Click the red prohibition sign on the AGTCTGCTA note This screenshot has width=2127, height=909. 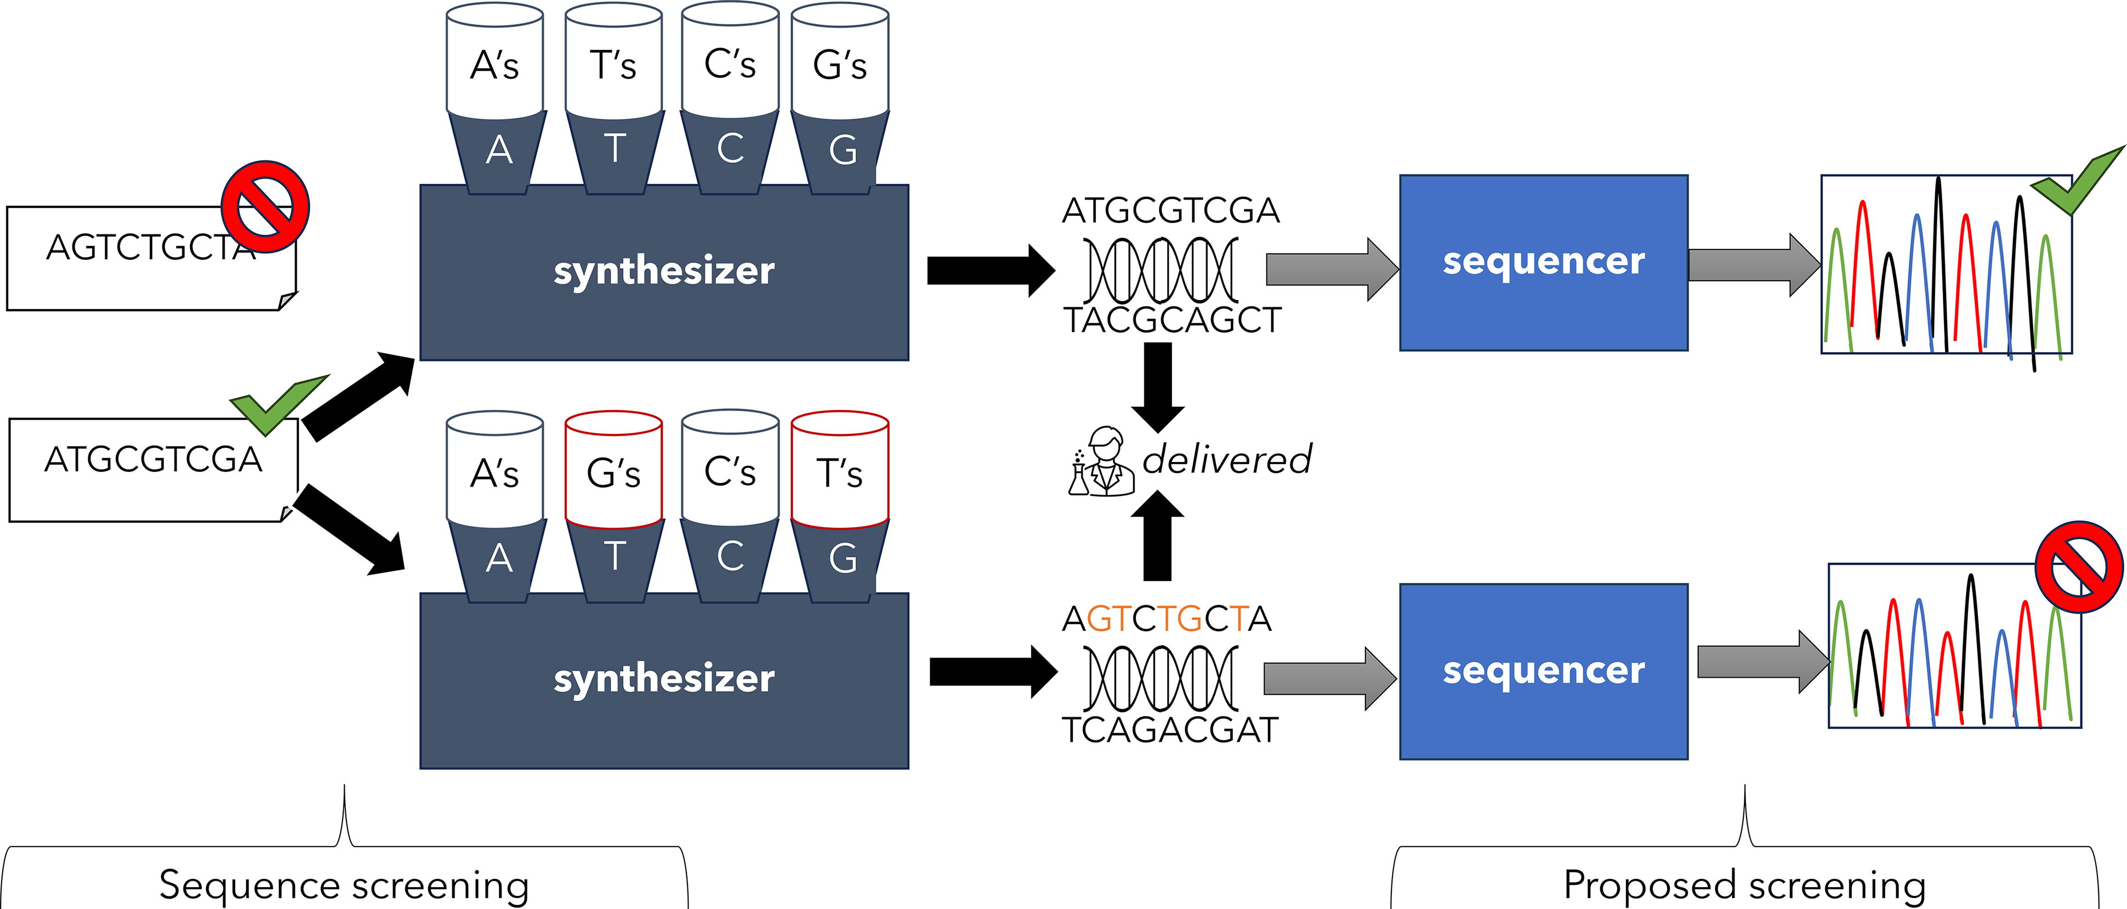coord(265,207)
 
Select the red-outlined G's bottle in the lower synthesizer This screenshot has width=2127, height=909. coord(613,469)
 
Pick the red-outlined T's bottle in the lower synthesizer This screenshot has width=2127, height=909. coord(840,469)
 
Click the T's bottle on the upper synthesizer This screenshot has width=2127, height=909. coord(613,60)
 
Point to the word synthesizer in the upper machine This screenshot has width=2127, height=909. coord(664,271)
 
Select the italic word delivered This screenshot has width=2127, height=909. coord(1227,459)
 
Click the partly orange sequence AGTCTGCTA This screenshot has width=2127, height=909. coord(1166,619)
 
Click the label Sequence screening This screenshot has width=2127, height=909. coord(344,885)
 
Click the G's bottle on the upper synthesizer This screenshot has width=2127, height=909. coord(840,60)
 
